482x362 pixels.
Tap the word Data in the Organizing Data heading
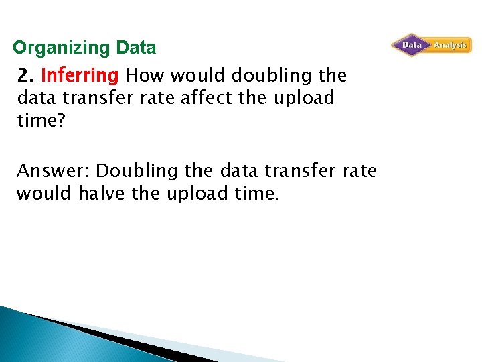[136, 48]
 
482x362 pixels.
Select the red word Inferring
[80, 74]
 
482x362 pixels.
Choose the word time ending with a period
[258, 194]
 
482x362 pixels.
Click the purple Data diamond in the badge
[411, 45]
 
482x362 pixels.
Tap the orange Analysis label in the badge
[450, 45]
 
